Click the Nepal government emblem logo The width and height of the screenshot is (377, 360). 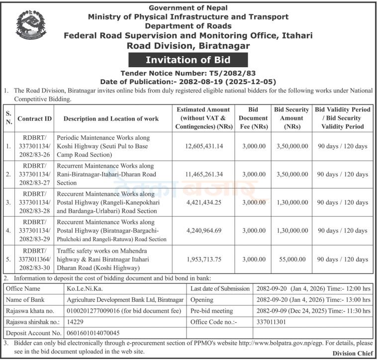click(x=31, y=25)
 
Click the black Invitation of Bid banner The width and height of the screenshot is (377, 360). click(x=188, y=60)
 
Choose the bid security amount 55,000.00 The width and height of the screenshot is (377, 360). click(x=291, y=259)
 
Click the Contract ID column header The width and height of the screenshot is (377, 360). click(x=34, y=118)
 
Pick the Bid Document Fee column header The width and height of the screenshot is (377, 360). click(x=253, y=118)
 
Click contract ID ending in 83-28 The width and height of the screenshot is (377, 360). click(x=34, y=202)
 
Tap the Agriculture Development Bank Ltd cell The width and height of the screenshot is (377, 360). click(x=125, y=300)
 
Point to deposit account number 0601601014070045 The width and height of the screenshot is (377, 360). click(x=93, y=333)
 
